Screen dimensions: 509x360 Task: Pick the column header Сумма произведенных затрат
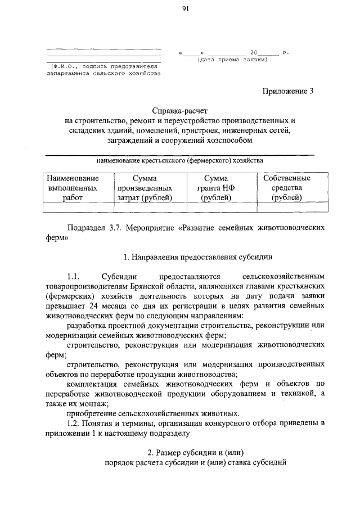click(145, 188)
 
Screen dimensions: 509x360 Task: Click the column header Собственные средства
click(287, 188)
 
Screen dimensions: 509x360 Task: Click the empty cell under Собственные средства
click(287, 207)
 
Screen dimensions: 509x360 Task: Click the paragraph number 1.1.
click(75, 276)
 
